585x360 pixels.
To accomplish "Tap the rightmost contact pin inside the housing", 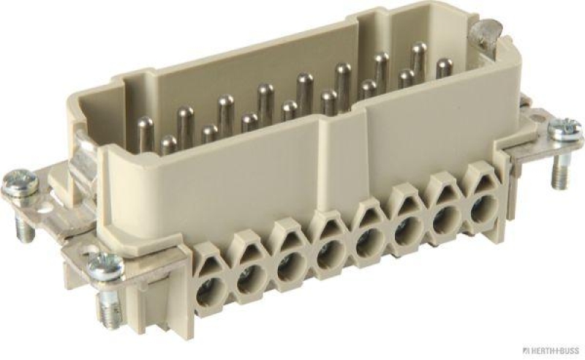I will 442,70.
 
